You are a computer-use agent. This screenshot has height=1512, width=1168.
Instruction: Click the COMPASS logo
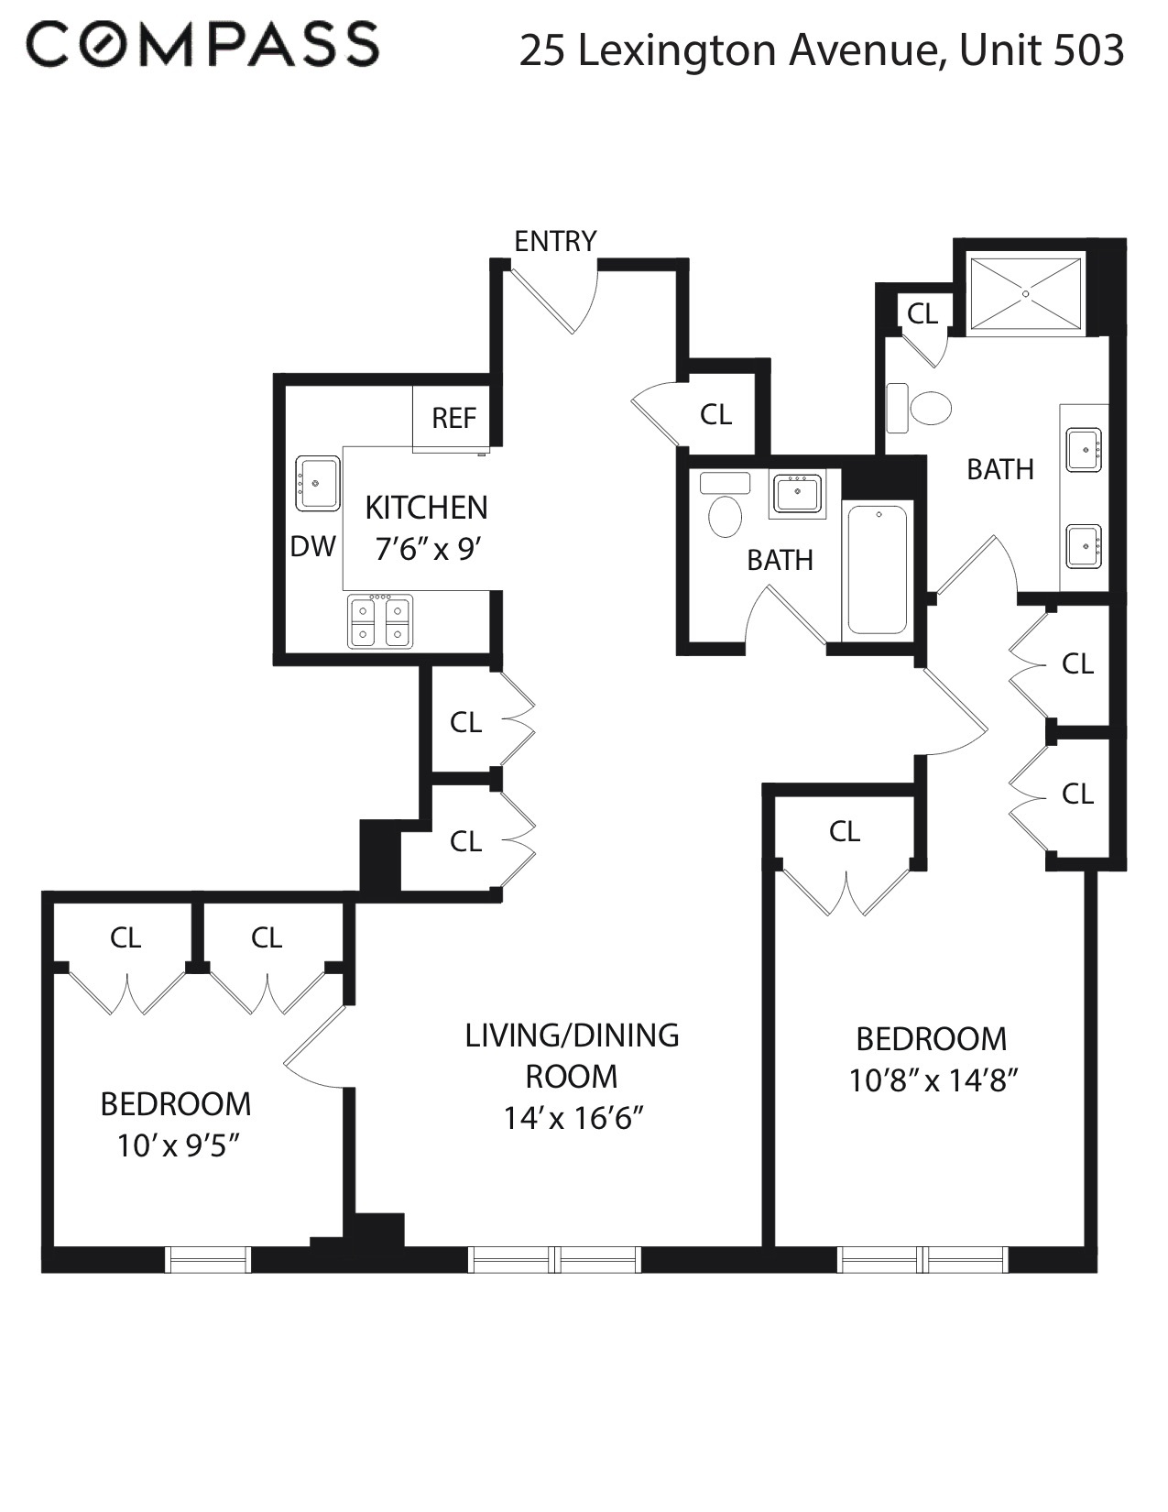[x=202, y=45]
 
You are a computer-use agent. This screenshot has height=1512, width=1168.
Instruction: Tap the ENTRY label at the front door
[x=555, y=241]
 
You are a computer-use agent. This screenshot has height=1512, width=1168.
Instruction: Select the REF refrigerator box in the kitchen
[x=453, y=418]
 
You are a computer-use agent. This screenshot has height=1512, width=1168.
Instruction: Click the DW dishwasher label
[x=313, y=546]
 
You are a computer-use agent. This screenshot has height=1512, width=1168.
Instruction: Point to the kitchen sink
[x=317, y=483]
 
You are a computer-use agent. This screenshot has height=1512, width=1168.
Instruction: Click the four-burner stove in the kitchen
[x=380, y=621]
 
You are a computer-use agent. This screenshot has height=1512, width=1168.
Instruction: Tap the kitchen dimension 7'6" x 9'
[x=427, y=549]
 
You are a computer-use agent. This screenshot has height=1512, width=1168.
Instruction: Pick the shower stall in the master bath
[x=1025, y=293]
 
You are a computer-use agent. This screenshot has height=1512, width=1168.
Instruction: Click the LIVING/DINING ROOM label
[x=572, y=1055]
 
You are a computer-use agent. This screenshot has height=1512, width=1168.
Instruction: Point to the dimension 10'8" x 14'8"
[x=933, y=1081]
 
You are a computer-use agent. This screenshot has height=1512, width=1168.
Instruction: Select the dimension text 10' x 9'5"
[x=177, y=1145]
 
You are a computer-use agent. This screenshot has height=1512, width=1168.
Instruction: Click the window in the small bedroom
[x=208, y=1260]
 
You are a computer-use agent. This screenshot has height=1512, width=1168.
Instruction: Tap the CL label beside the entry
[x=715, y=414]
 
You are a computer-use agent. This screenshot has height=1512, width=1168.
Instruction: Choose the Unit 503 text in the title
[x=1042, y=50]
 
